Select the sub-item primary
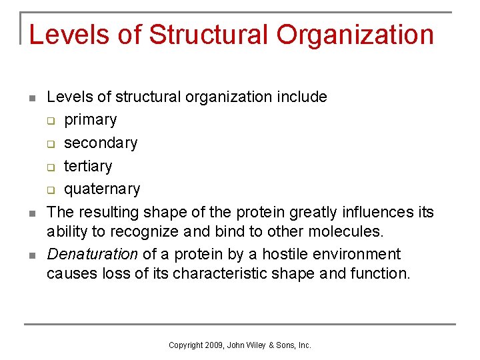[90, 120]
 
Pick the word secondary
[101, 143]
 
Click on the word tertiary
[88, 166]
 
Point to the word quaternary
[102, 189]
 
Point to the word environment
[360, 255]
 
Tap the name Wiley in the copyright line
[255, 345]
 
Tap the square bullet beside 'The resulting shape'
[31, 214]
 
